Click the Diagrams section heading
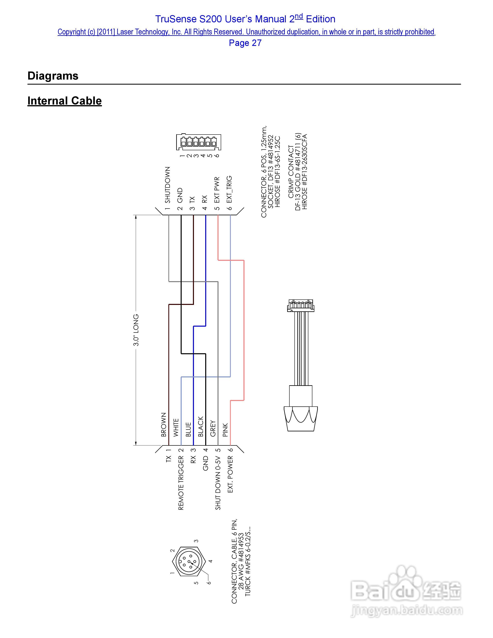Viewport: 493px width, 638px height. [53, 76]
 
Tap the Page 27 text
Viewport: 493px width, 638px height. [245, 43]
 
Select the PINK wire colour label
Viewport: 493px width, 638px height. [225, 430]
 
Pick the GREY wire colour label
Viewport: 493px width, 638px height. [213, 428]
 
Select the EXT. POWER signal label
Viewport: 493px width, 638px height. [230, 474]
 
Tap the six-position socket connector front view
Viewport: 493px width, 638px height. [199, 142]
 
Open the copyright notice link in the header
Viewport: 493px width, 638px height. [246, 32]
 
